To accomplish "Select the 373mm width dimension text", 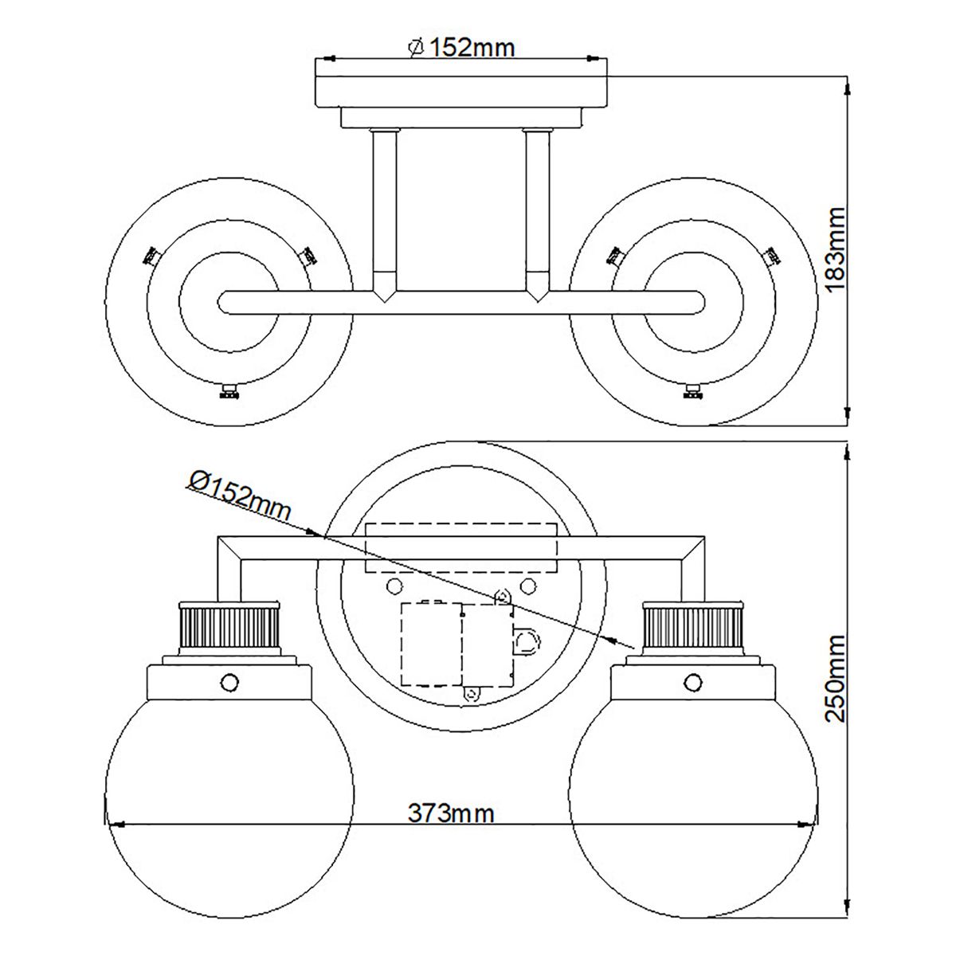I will click(x=452, y=813).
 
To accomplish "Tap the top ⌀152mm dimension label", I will click(x=461, y=48).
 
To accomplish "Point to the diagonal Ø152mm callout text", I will click(x=239, y=494).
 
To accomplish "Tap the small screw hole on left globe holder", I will click(x=229, y=682).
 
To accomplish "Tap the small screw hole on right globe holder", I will click(x=695, y=682).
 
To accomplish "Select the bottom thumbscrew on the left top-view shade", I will click(x=229, y=391).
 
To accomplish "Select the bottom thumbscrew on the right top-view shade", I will click(x=694, y=391).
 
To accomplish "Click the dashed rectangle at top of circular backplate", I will click(x=460, y=547).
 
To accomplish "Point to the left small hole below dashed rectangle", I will click(x=393, y=586).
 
